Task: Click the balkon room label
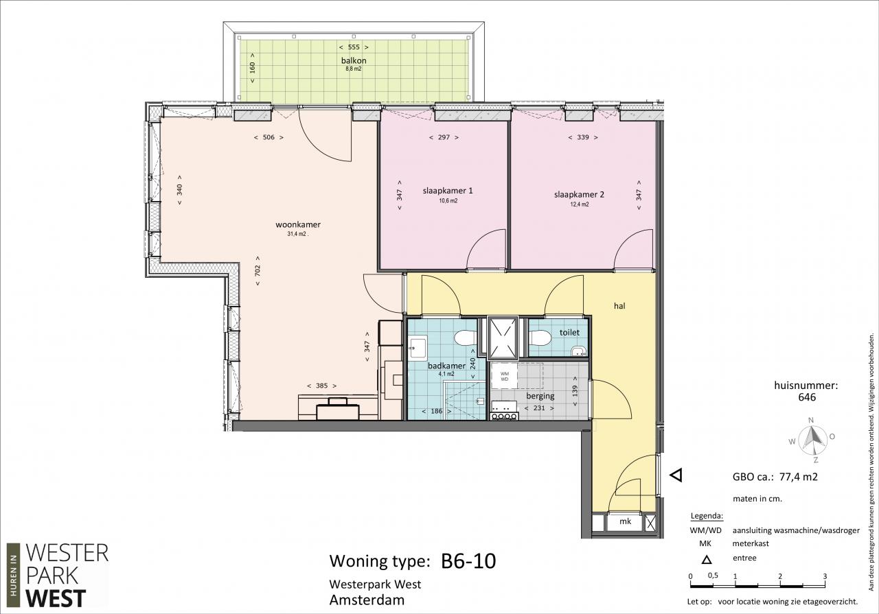pyautogui.click(x=354, y=60)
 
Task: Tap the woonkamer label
pyautogui.click(x=298, y=224)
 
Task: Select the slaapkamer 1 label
pyautogui.click(x=448, y=191)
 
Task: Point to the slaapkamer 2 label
pyautogui.click(x=579, y=194)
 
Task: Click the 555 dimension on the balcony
pyautogui.click(x=354, y=47)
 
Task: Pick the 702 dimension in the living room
pyautogui.click(x=258, y=270)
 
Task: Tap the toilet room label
pyautogui.click(x=569, y=333)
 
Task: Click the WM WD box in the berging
pyautogui.click(x=504, y=377)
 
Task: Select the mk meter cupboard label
pyautogui.click(x=625, y=521)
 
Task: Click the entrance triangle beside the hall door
pyautogui.click(x=676, y=475)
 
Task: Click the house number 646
pyautogui.click(x=806, y=397)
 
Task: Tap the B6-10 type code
pyautogui.click(x=468, y=561)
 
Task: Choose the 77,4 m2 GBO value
pyautogui.click(x=798, y=477)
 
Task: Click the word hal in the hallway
pyautogui.click(x=619, y=306)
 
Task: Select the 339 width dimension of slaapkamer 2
pyautogui.click(x=583, y=137)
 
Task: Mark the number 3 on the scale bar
pyautogui.click(x=825, y=576)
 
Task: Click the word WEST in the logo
pyautogui.click(x=56, y=598)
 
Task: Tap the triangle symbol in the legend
pyautogui.click(x=707, y=560)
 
